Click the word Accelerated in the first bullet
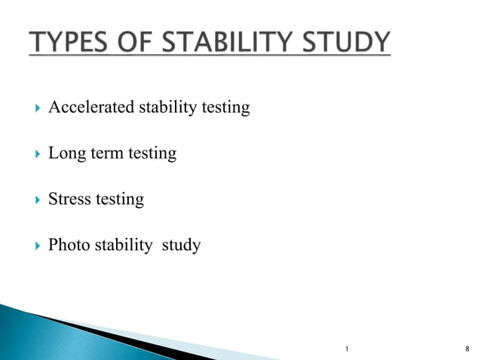(90, 108)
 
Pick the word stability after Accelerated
(168, 108)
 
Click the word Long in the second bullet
(66, 154)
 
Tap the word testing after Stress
(119, 200)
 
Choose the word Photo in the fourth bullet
(69, 246)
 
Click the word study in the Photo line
(182, 246)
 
